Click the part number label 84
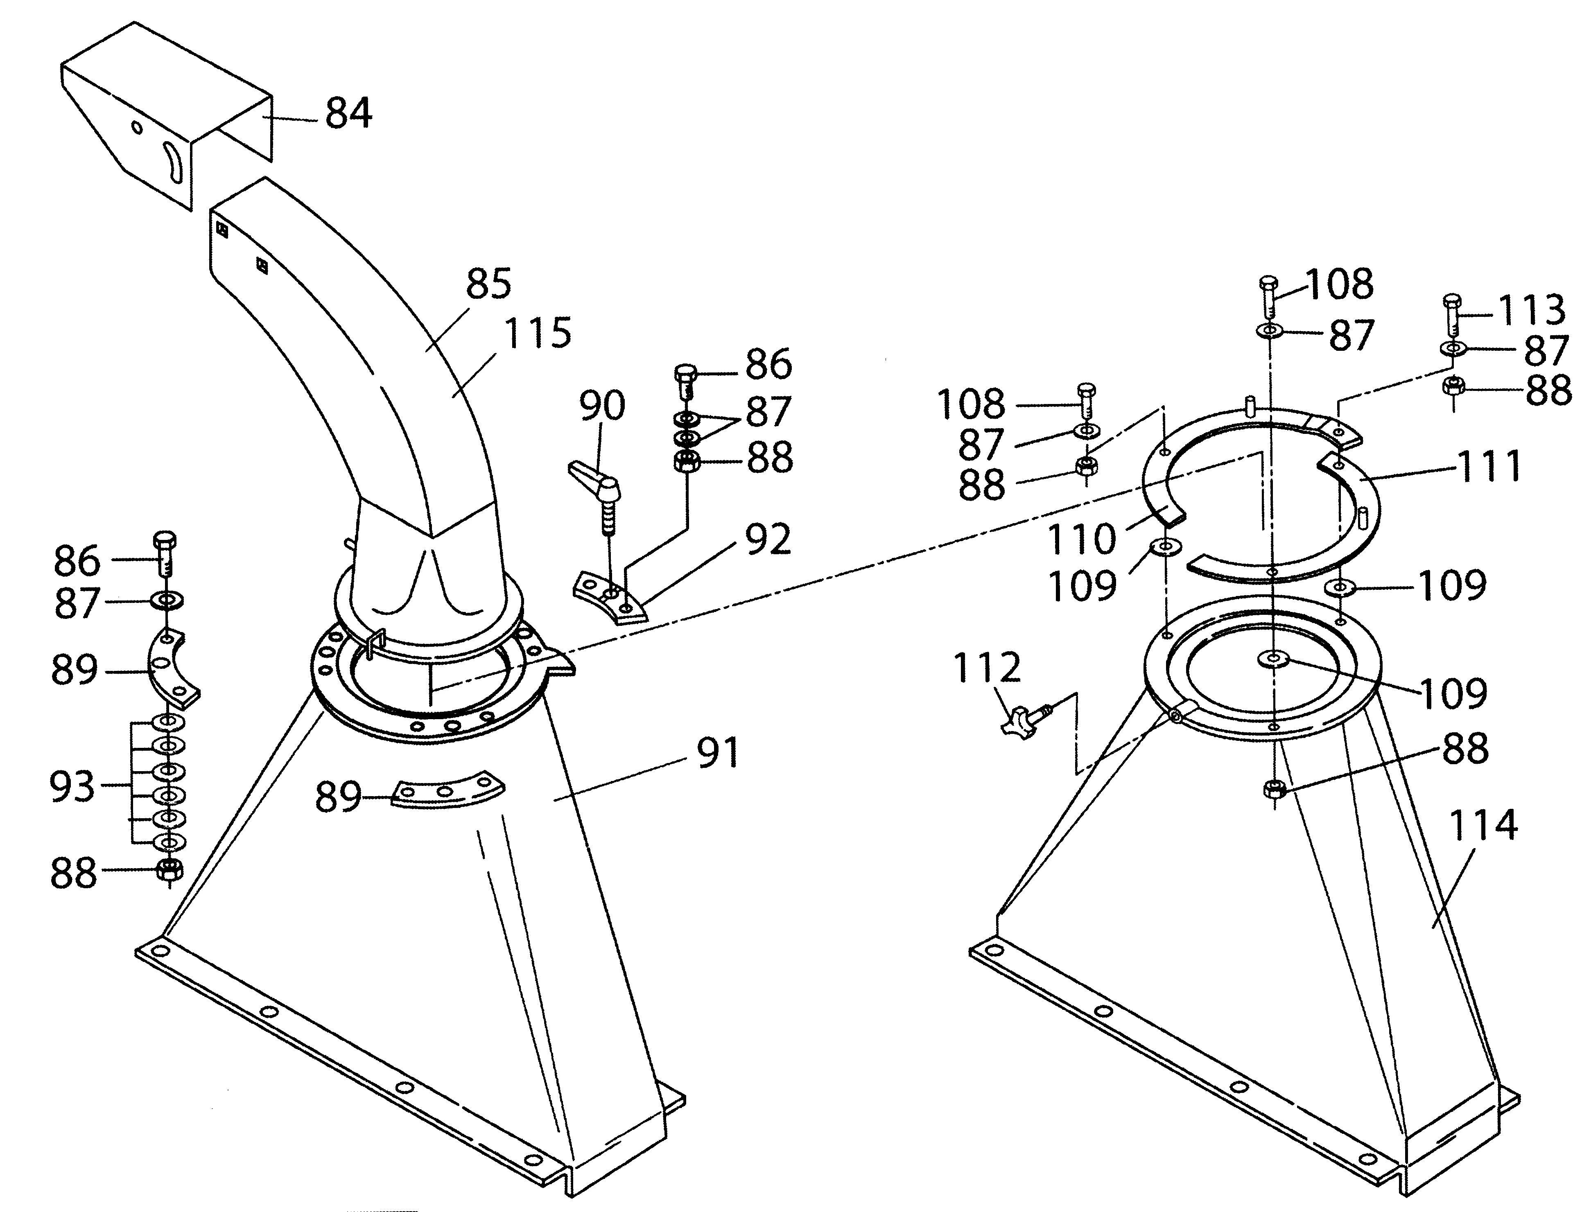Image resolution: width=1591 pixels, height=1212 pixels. [x=348, y=114]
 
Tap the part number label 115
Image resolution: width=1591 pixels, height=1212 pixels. [x=538, y=333]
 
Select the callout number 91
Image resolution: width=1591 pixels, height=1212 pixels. [x=718, y=753]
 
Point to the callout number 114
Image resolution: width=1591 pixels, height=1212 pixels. [x=1483, y=825]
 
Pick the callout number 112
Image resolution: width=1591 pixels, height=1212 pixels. [x=987, y=668]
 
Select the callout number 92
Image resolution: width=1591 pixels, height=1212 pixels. [x=768, y=539]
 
